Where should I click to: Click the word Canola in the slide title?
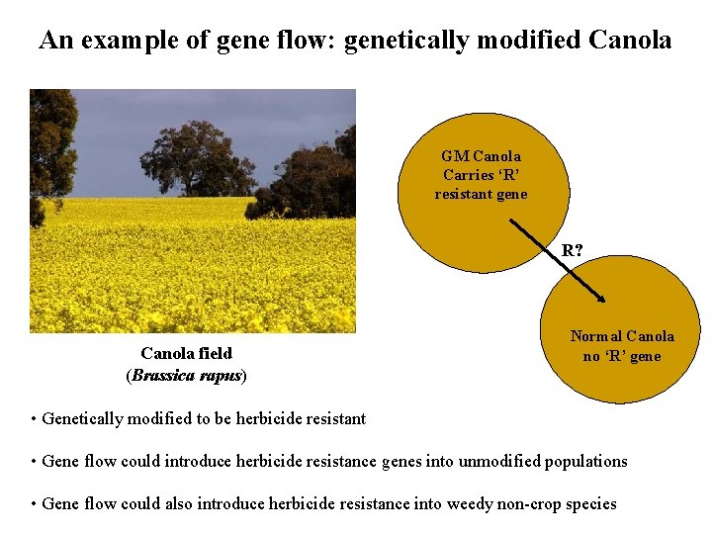pyautogui.click(x=629, y=41)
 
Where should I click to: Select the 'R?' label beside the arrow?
pyautogui.click(x=573, y=250)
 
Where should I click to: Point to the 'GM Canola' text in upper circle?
pyautogui.click(x=481, y=155)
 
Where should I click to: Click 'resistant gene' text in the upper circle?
pyautogui.click(x=481, y=194)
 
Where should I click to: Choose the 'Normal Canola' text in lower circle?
pyautogui.click(x=621, y=336)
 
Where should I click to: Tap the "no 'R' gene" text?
pyautogui.click(x=621, y=356)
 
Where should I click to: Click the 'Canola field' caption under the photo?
pyautogui.click(x=186, y=353)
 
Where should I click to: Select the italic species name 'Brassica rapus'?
pyautogui.click(x=186, y=376)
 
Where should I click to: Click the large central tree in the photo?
pyautogui.click(x=197, y=158)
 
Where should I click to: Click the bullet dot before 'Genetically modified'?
pyautogui.click(x=35, y=419)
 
